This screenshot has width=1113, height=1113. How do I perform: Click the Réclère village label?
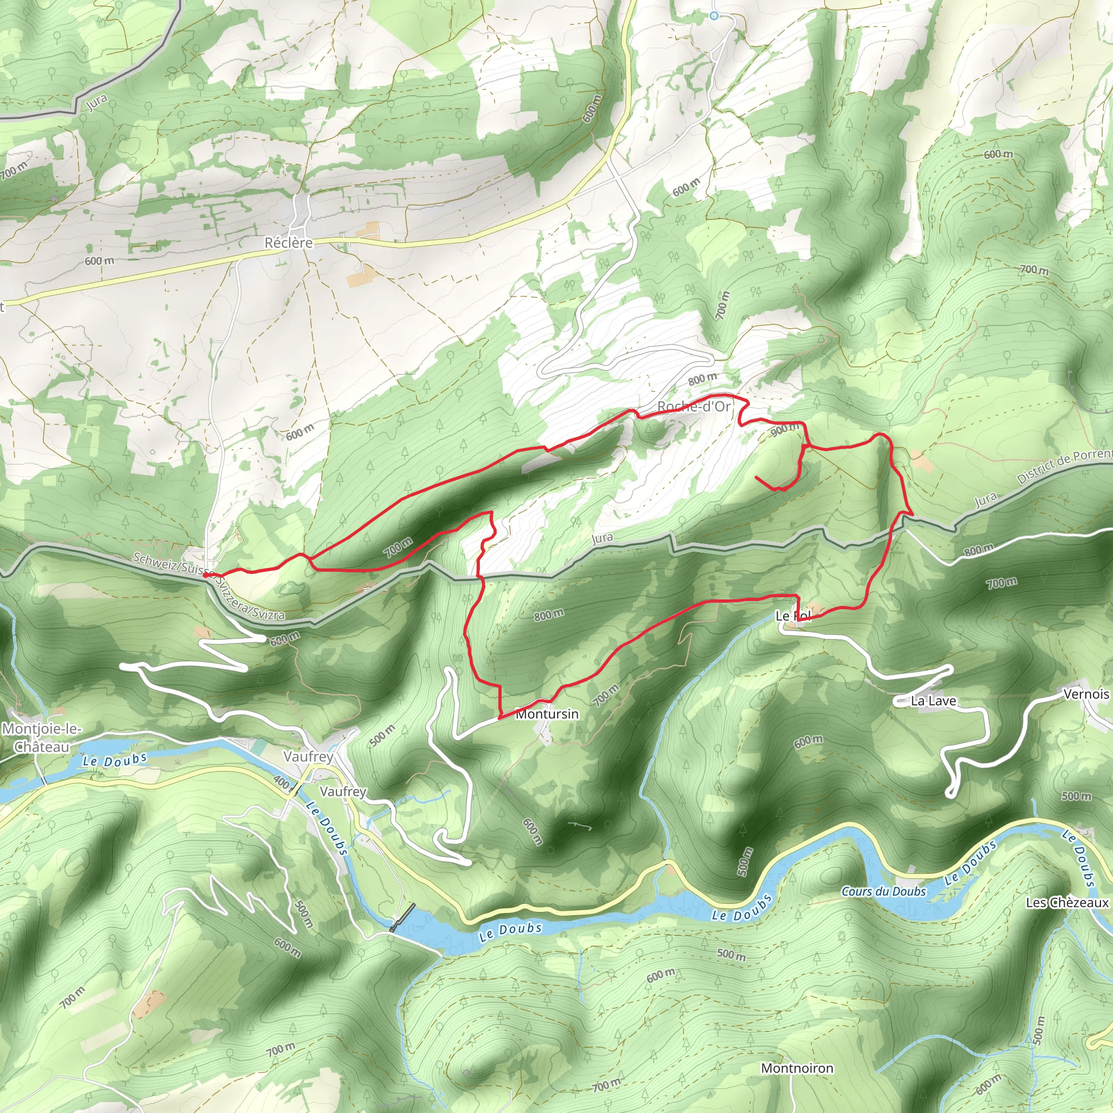point(288,242)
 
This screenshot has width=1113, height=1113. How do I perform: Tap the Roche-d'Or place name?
point(693,406)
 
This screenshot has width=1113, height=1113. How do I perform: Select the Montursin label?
point(547,714)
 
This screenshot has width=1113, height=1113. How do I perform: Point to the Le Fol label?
point(792,616)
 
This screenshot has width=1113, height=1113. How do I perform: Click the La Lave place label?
point(933,701)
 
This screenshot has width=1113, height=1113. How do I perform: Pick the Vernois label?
point(1085,694)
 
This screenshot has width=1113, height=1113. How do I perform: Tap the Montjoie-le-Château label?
point(41,737)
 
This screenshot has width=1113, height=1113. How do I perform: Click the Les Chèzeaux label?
point(1066,903)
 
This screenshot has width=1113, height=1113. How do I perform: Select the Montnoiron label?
point(797,1068)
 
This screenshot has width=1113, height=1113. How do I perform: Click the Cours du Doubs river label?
point(883,891)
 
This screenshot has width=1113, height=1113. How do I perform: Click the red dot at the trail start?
point(205,574)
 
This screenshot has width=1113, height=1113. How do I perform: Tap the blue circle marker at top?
point(714,16)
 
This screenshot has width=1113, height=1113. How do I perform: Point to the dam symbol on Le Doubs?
point(402,917)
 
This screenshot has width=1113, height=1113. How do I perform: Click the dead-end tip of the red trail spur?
point(755,478)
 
